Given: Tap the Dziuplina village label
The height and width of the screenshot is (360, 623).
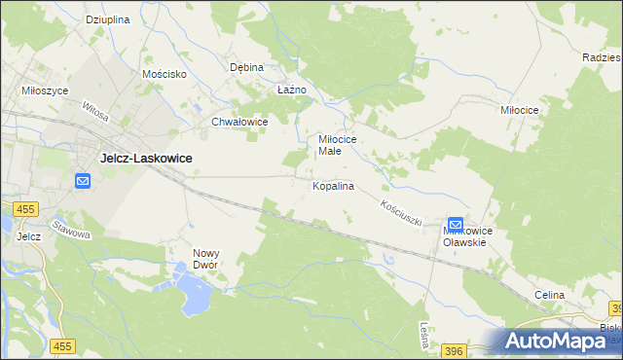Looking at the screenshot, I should click(107, 19).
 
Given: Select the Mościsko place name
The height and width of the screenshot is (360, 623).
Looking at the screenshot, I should click(164, 74).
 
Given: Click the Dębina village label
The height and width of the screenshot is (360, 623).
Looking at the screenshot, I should click(246, 68).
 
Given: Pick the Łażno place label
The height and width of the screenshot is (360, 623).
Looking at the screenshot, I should click(292, 90).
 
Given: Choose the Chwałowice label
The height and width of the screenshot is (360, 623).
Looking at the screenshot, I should click(239, 123).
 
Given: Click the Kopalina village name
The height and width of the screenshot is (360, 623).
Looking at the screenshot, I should click(333, 185).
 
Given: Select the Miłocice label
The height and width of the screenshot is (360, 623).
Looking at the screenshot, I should click(519, 111).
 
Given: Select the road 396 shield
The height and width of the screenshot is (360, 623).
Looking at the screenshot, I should click(453, 349).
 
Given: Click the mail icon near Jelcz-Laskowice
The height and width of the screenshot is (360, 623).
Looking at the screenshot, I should click(83, 181).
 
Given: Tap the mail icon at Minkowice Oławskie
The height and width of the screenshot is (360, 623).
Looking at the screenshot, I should click(456, 225).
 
